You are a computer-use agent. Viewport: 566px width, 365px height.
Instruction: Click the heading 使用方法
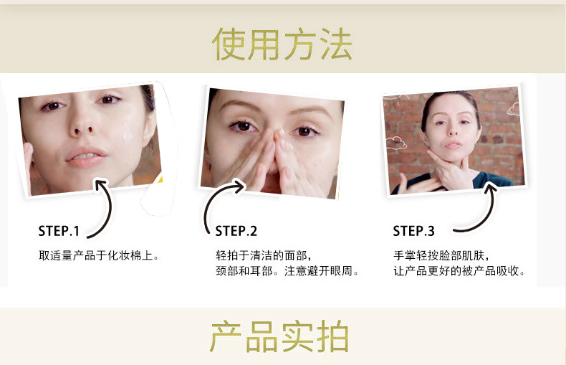(282, 44)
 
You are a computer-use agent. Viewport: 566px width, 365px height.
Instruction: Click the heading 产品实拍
(279, 336)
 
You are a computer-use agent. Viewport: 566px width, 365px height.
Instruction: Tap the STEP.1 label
(59, 231)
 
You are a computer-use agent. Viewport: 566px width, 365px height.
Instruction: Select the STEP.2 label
(236, 231)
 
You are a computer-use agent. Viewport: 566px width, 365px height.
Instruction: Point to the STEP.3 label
(413, 231)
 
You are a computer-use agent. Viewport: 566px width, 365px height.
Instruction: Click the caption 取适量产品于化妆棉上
(99, 255)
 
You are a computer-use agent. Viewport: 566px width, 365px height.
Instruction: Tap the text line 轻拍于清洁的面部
(263, 255)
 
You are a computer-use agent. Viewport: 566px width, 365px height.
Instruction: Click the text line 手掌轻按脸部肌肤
(441, 255)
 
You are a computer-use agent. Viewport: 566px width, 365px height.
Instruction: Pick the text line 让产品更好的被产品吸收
(459, 270)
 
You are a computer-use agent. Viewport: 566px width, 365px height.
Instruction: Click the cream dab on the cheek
(128, 136)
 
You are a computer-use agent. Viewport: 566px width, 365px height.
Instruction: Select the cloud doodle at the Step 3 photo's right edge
(514, 109)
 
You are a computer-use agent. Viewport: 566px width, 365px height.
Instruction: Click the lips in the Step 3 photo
(453, 145)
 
